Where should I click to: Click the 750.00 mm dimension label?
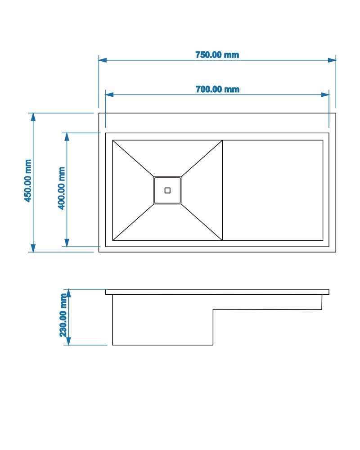(217, 55)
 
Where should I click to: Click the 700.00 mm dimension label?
(217, 89)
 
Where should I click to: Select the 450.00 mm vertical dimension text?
(28, 181)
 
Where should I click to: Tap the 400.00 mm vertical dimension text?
(62, 188)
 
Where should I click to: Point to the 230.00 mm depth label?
(63, 315)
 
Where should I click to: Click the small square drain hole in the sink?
(167, 190)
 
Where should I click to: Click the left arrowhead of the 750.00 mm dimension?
(103, 60)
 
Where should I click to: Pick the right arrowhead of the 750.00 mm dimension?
(332, 60)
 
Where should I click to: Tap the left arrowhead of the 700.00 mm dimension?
(109, 94)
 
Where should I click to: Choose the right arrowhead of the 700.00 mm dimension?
(325, 94)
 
